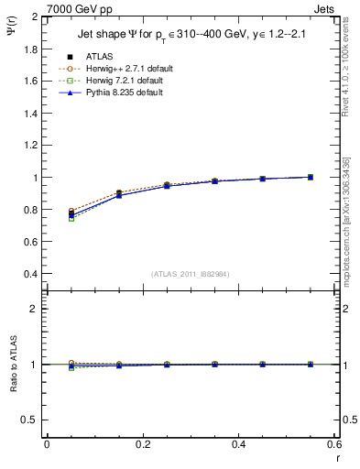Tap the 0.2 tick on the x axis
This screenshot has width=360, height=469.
[x=142, y=443]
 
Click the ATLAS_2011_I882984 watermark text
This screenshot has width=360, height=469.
[x=189, y=273]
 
